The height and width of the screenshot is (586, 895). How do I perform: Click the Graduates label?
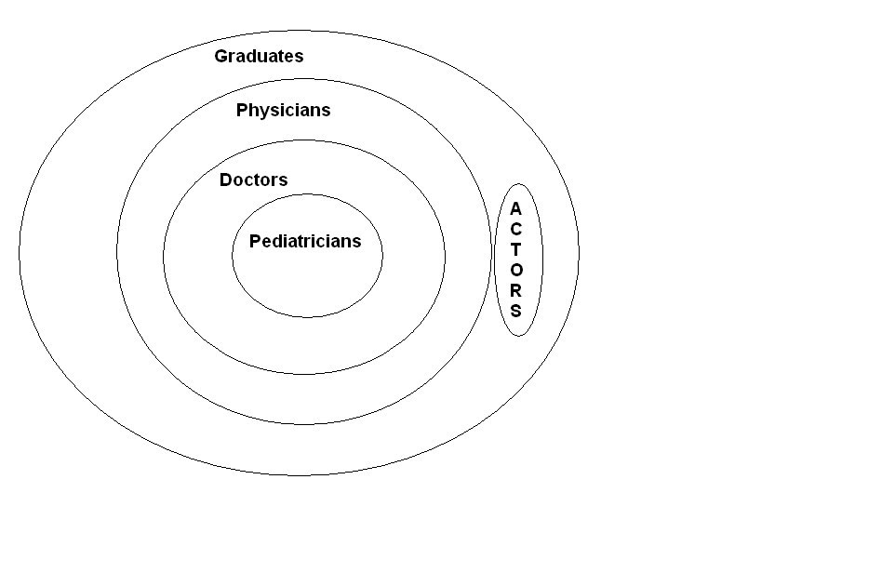pos(259,56)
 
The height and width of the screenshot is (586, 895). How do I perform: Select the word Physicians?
pos(283,111)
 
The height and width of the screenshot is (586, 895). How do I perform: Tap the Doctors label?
pos(253,180)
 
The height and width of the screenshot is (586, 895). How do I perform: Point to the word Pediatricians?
pos(304,241)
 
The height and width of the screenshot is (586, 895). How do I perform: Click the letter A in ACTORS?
pos(516,208)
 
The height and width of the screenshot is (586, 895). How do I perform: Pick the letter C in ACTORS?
pos(516,229)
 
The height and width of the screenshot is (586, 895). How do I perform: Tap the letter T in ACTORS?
pos(516,249)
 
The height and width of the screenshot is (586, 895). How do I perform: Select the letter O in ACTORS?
pos(516,270)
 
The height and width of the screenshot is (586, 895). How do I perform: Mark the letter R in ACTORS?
pos(516,290)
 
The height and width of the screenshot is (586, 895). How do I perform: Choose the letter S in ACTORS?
pos(516,311)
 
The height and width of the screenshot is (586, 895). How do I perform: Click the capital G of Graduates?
pos(221,56)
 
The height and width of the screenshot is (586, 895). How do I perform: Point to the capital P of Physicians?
pos(242,110)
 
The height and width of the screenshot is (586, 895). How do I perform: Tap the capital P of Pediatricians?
pos(255,241)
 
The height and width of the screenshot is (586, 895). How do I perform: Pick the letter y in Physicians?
pos(263,113)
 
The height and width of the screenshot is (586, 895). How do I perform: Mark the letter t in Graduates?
pos(280,56)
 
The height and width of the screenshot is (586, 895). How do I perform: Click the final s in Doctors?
pos(284,180)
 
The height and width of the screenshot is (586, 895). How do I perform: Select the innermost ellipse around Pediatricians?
pos(307,288)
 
